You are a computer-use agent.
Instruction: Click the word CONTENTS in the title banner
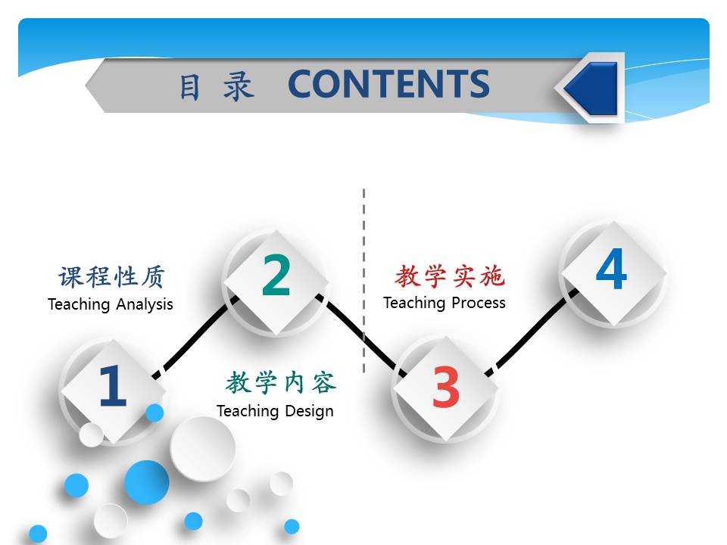coord(388,84)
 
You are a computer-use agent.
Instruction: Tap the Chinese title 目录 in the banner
coord(217,86)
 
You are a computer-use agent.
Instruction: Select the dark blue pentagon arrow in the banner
coord(590,88)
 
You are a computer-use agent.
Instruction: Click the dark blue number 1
coord(113,385)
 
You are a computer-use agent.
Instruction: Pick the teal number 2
coord(276,275)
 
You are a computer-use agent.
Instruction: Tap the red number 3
coord(445,387)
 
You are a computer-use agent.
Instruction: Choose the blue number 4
coord(612,268)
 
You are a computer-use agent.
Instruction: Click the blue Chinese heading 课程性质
coord(111,277)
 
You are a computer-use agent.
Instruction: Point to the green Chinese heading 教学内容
coord(281,382)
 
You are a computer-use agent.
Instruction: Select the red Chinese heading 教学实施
coord(449,276)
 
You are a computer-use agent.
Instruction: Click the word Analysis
coord(144,304)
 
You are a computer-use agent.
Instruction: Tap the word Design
coord(309,412)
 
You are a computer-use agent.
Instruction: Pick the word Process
coord(479,303)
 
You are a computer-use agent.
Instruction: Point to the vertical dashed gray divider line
coord(364,281)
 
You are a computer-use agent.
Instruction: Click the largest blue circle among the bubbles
coord(146,482)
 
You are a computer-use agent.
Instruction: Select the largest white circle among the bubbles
coord(203,449)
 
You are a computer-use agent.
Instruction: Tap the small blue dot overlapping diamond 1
coord(154,413)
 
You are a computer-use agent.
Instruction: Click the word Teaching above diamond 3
coord(414,303)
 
